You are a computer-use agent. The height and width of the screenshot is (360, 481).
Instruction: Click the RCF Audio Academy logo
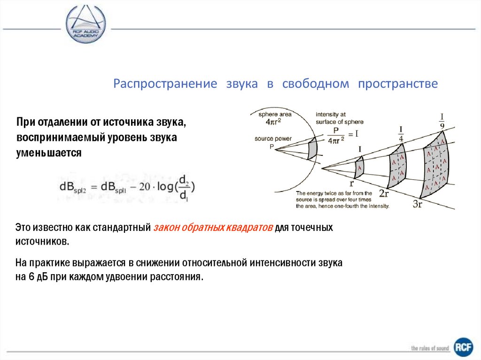click(85, 25)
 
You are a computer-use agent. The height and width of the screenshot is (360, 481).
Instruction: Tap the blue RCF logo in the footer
click(463, 348)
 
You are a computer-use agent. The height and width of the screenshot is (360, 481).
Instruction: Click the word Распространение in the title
click(165, 84)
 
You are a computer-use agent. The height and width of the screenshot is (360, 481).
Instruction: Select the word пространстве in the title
click(398, 84)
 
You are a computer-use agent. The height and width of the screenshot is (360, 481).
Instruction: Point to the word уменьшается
click(48, 153)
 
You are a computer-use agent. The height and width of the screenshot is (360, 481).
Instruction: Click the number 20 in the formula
click(144, 186)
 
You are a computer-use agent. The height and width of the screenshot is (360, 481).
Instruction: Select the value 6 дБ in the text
click(34, 276)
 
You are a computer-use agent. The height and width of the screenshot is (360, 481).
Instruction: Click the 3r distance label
click(419, 205)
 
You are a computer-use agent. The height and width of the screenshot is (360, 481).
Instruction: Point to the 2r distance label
click(384, 194)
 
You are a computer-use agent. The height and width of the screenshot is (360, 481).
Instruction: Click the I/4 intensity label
click(401, 134)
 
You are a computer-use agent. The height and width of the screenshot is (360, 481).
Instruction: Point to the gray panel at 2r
click(397, 166)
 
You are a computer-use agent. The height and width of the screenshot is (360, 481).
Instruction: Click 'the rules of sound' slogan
click(430, 348)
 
